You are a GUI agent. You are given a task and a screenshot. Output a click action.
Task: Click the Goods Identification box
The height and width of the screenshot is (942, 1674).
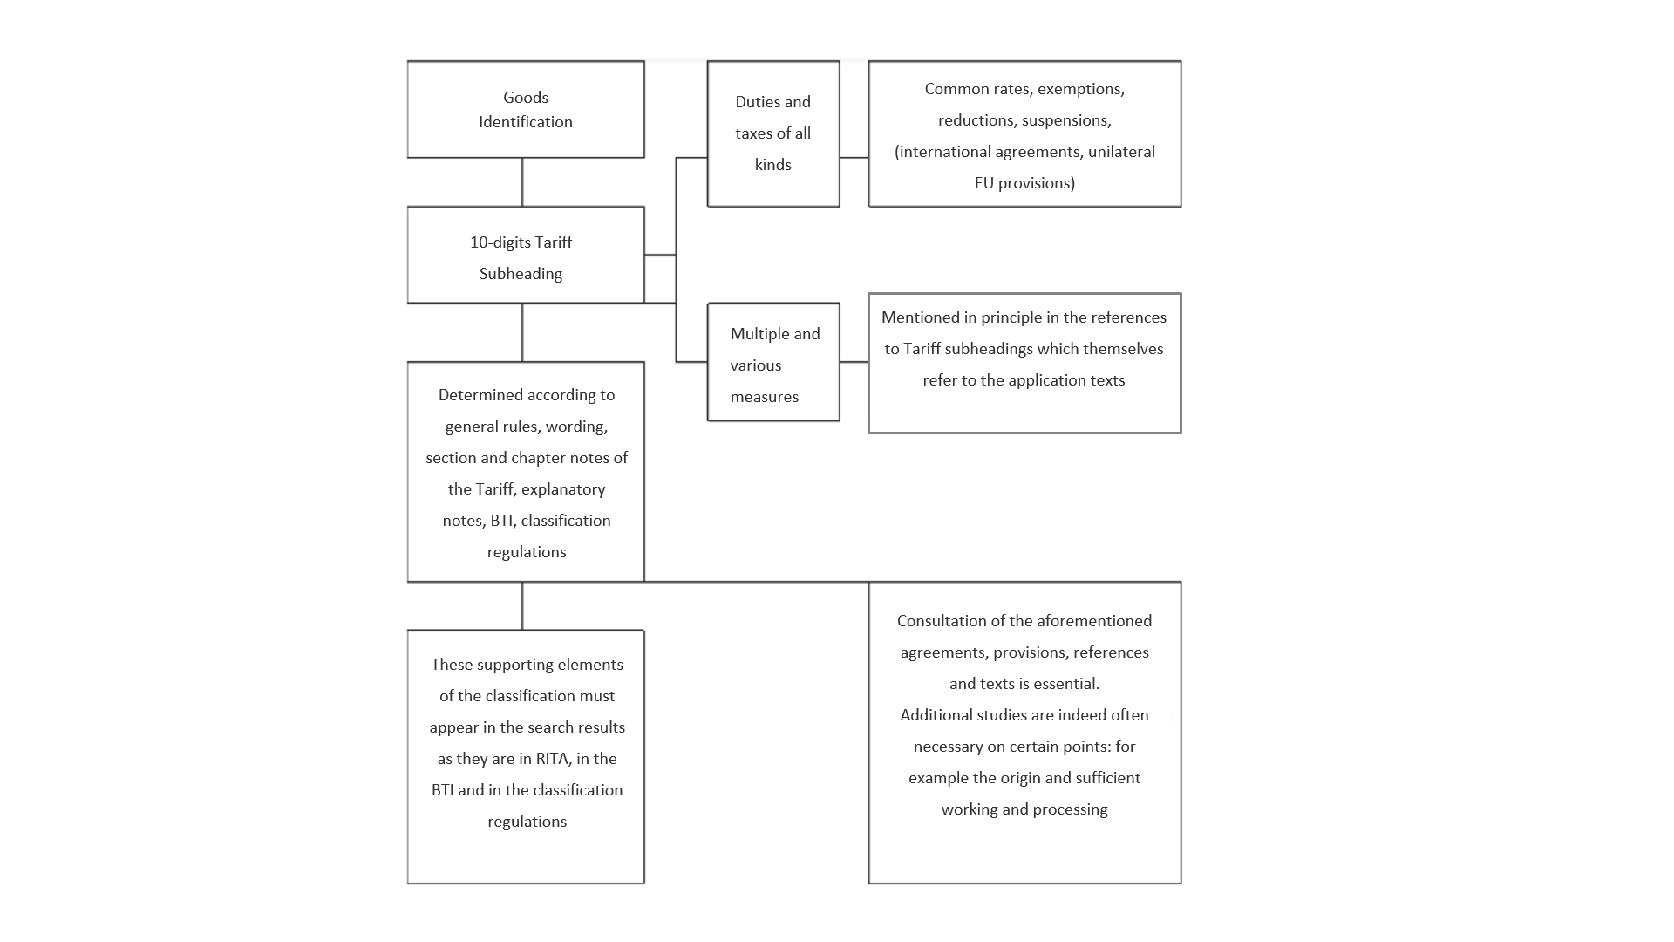(x=526, y=109)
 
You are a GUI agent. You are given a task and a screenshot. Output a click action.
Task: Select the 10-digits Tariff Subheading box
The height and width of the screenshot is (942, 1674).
(x=526, y=255)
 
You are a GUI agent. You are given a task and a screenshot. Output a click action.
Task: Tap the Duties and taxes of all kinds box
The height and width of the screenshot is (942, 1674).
(x=773, y=133)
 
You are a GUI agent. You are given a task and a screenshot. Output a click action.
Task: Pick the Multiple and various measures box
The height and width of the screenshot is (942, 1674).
(x=773, y=362)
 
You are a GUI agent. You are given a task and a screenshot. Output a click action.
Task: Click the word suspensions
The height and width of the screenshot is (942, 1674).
(x=1066, y=121)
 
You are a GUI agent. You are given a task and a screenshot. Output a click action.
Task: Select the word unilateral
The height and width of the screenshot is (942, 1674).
(x=1121, y=152)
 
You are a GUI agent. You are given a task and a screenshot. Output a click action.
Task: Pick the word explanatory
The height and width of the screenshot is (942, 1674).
(x=563, y=489)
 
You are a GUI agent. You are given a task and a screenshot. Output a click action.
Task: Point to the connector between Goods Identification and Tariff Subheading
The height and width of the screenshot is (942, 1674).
(x=522, y=182)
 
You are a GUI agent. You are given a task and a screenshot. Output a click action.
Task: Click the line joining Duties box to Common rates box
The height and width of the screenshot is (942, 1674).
(x=854, y=158)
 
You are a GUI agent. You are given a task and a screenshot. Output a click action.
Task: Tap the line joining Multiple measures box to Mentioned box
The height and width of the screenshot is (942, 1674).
(x=854, y=362)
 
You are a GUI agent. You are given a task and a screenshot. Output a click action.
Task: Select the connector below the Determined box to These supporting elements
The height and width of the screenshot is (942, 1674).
(x=522, y=605)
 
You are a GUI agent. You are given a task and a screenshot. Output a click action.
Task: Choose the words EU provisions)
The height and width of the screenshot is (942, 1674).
(x=1024, y=183)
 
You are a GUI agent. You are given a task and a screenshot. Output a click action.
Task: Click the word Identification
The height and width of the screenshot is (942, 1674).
(x=526, y=122)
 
